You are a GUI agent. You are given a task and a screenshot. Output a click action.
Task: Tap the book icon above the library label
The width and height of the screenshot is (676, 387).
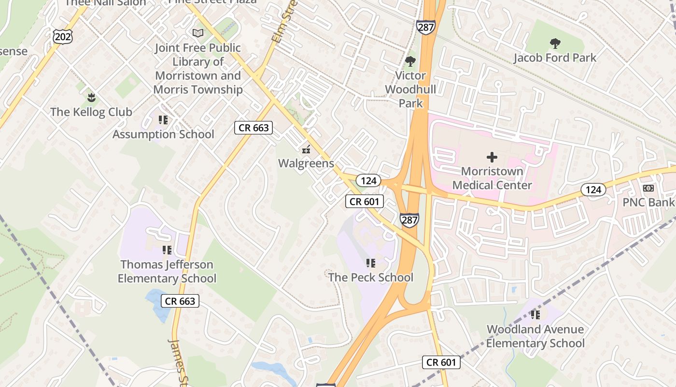pyautogui.click(x=198, y=33)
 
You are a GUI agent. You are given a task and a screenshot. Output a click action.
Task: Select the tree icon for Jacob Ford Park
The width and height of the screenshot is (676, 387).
pyautogui.click(x=555, y=44)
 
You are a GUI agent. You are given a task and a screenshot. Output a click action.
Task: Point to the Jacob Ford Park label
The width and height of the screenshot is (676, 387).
pyautogui.click(x=555, y=58)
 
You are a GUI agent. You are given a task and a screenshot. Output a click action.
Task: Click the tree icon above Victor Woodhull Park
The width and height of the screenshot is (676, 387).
pyautogui.click(x=410, y=61)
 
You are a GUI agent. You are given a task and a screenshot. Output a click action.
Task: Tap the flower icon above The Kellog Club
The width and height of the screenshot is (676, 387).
pyautogui.click(x=91, y=98)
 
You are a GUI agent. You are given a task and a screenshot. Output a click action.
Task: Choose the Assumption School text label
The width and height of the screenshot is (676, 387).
pyautogui.click(x=163, y=134)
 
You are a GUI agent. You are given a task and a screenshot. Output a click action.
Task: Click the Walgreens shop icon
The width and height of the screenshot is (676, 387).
pyautogui.click(x=306, y=149)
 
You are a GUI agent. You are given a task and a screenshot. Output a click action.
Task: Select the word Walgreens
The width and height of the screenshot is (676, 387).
pyautogui.click(x=306, y=164)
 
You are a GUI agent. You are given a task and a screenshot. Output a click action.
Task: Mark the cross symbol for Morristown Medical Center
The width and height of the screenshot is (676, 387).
pyautogui.click(x=492, y=157)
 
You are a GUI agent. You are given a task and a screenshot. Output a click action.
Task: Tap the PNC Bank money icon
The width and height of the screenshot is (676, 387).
pyautogui.click(x=648, y=188)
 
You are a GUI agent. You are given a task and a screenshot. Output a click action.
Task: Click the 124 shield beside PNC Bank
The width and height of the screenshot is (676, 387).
pyautogui.click(x=593, y=190)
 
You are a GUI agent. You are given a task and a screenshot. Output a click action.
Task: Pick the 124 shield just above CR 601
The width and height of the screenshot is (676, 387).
pyautogui.click(x=368, y=180)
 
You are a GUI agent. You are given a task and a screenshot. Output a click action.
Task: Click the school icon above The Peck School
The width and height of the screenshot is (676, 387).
pyautogui.click(x=370, y=263)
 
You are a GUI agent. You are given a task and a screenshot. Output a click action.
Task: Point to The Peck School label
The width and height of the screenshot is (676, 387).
pyautogui.click(x=371, y=277)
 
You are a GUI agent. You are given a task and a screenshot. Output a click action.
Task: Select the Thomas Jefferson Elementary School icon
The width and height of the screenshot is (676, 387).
pyautogui.click(x=167, y=250)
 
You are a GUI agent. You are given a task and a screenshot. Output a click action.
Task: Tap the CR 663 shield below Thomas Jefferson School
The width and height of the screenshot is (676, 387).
pyautogui.click(x=180, y=301)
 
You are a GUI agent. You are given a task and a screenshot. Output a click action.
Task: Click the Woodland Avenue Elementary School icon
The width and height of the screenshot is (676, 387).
pyautogui.click(x=535, y=315)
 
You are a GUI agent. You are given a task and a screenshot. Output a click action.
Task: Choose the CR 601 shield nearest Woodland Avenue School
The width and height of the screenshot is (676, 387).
pyautogui.click(x=441, y=362)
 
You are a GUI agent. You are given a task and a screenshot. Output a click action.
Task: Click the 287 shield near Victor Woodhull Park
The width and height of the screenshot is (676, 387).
pyautogui.click(x=426, y=27)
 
